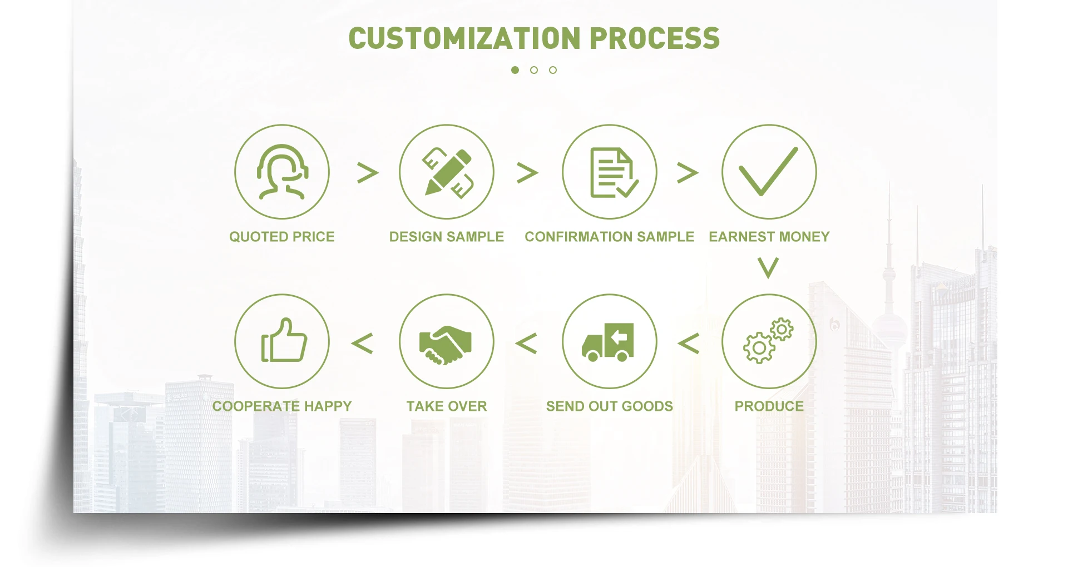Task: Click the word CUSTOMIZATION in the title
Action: pyautogui.click(x=464, y=38)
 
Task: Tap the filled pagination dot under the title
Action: pyautogui.click(x=515, y=70)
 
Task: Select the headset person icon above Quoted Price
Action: pyautogui.click(x=282, y=172)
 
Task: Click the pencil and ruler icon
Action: pyautogui.click(x=447, y=172)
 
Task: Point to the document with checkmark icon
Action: pyautogui.click(x=610, y=172)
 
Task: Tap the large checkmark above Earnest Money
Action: pyautogui.click(x=769, y=172)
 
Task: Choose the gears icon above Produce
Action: pyautogui.click(x=769, y=341)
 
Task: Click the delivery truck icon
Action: pyautogui.click(x=609, y=341)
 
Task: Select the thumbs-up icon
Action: pyautogui.click(x=283, y=341)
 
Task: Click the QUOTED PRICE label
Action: pyautogui.click(x=282, y=237)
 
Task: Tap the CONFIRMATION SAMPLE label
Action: pyautogui.click(x=609, y=237)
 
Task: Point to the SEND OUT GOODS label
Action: pyautogui.click(x=609, y=406)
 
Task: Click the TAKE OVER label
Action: pyautogui.click(x=446, y=406)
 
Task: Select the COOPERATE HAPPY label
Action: pyautogui.click(x=282, y=406)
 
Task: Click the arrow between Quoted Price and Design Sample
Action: pyautogui.click(x=368, y=173)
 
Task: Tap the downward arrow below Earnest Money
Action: pyautogui.click(x=768, y=268)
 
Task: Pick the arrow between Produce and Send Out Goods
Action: pyautogui.click(x=689, y=344)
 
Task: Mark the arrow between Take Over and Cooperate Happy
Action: pyautogui.click(x=362, y=344)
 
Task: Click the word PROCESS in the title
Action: pyautogui.click(x=654, y=38)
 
